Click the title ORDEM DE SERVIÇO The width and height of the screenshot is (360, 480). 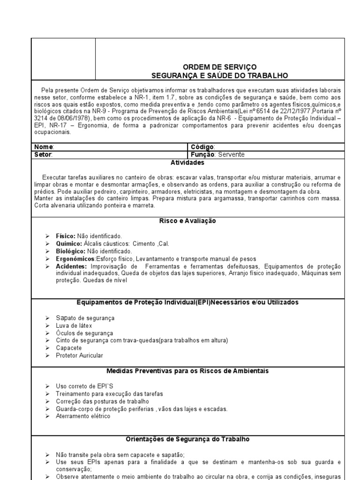pos(220,67)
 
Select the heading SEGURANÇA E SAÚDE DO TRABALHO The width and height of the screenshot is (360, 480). pos(220,75)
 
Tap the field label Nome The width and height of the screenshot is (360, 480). pos(44,147)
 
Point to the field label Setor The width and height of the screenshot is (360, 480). pos(44,154)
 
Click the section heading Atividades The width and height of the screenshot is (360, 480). pos(187,163)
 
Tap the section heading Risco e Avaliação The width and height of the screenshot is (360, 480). pos(187,221)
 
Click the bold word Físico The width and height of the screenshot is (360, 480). pos(65,236)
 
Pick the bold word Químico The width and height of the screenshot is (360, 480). pos(67,244)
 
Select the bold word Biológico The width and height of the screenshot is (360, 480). pos(69,251)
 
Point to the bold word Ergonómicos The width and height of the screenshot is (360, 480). pos(75,259)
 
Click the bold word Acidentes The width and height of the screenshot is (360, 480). pos(71,266)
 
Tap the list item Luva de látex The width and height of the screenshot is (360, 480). pos(74,325)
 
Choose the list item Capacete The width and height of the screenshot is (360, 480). pos(68,348)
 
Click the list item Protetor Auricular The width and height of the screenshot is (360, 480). pos(79,355)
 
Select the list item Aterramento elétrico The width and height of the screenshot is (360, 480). pos(83,416)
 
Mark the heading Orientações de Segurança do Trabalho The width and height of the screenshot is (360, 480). pos(187,439)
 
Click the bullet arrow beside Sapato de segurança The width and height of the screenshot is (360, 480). pos(47,318)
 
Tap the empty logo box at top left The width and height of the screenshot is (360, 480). pos(63,59)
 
